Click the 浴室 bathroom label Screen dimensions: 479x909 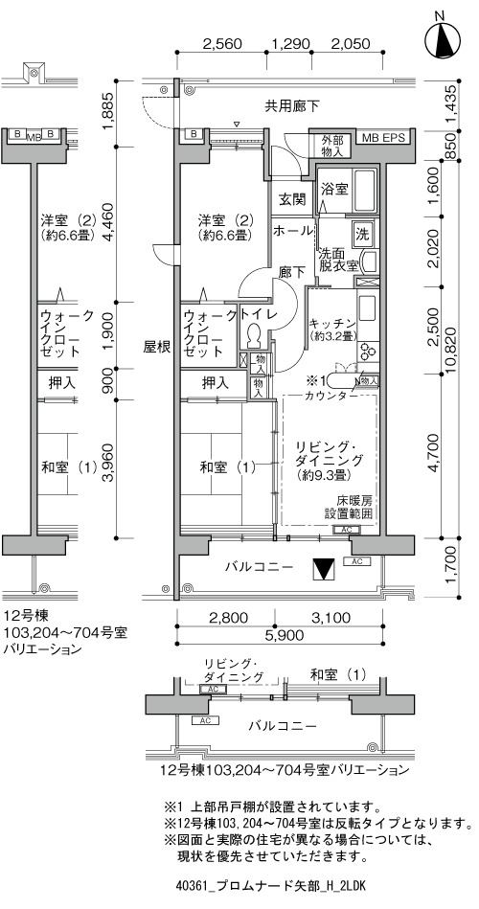coord(334,189)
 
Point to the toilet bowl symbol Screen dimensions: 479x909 coord(254,336)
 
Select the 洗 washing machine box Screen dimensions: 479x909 coord(362,235)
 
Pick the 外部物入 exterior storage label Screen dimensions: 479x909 coord(333,147)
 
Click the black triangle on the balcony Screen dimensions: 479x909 coord(323,570)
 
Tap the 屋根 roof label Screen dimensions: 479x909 coord(156,348)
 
